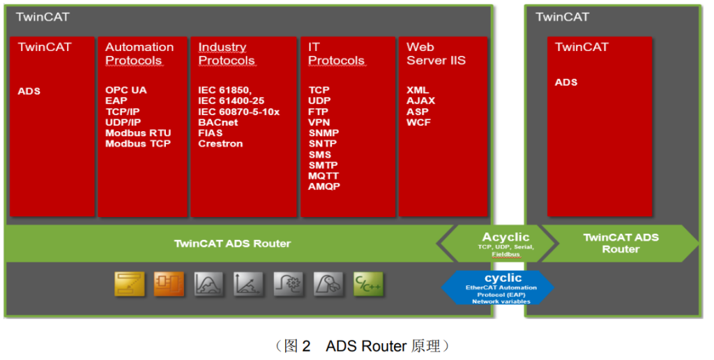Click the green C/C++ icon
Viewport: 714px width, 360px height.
[x=368, y=284]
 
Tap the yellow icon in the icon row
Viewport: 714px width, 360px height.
[x=130, y=284]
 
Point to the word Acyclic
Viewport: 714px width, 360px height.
[x=506, y=237]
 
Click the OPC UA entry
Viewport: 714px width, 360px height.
[x=126, y=90]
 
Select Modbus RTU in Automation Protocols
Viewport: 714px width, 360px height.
[x=138, y=133]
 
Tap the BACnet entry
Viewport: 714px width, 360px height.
[x=218, y=122]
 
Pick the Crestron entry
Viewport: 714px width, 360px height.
[x=221, y=144]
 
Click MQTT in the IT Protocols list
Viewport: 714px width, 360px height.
[x=324, y=176]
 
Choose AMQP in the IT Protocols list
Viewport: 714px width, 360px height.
[x=324, y=187]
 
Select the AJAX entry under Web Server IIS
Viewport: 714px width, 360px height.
[x=421, y=100]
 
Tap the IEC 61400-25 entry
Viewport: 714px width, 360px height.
[x=231, y=100]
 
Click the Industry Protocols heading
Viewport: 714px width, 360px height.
[x=227, y=54]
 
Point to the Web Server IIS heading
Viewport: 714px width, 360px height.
[x=436, y=54]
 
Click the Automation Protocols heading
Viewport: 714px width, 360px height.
[x=139, y=54]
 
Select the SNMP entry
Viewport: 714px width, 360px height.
[x=323, y=133]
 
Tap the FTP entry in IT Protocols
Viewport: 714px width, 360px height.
[x=319, y=112]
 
